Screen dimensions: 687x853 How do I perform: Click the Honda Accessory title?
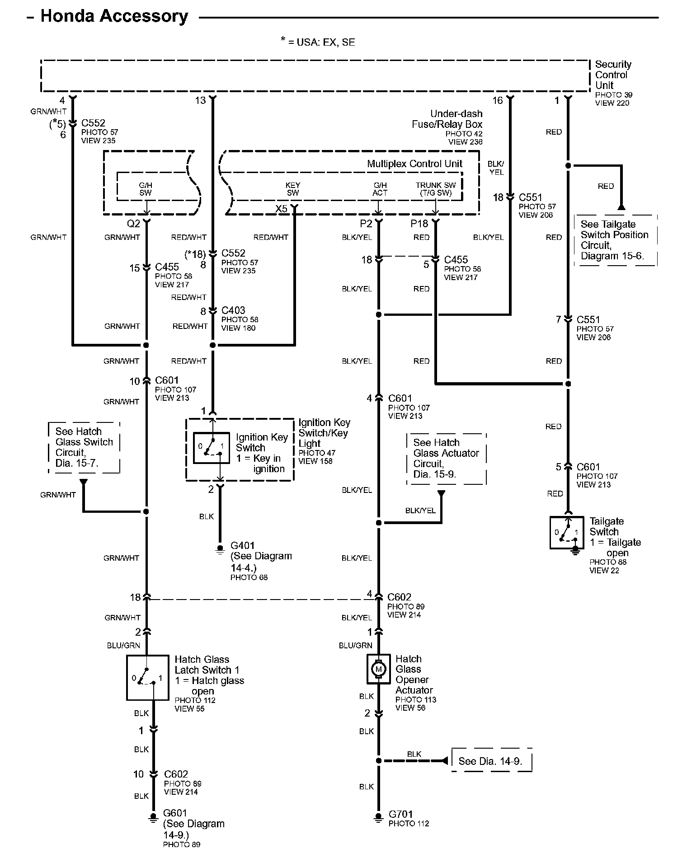114,16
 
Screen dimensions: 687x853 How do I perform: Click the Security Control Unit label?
613,75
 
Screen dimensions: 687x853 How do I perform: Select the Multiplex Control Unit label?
414,164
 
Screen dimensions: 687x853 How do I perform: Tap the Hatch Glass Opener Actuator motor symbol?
378,669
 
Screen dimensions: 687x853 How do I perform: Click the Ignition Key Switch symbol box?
212,448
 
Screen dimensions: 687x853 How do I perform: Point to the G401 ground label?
243,546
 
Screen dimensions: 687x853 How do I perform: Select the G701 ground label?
401,815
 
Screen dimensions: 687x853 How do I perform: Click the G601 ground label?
175,813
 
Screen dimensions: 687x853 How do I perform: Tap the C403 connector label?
233,310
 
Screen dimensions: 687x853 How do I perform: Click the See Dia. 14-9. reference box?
492,761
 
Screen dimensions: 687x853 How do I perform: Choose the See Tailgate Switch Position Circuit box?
616,240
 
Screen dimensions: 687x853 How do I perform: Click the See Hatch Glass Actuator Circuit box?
447,459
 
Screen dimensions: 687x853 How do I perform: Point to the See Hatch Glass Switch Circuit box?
84,447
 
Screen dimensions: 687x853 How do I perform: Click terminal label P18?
419,223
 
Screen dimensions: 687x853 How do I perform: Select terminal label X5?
281,209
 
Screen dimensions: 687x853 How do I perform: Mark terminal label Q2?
133,223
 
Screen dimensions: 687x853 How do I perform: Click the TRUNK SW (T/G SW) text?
436,189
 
